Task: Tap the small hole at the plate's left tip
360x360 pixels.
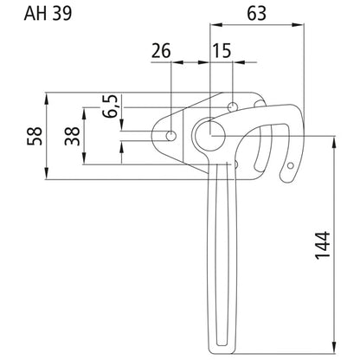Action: pyautogui.click(x=173, y=136)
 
